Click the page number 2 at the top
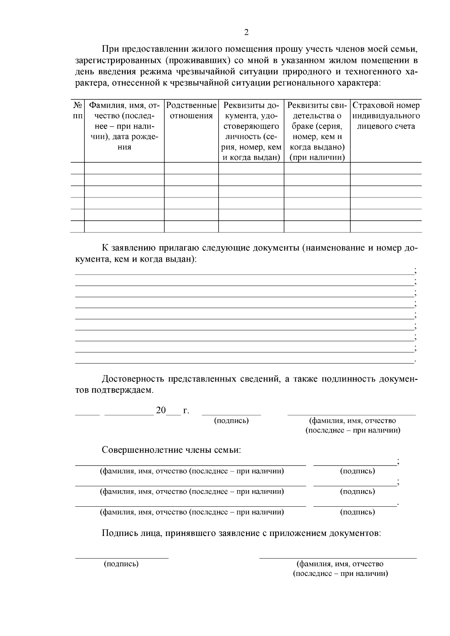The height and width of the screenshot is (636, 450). click(246, 32)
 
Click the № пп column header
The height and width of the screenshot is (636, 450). click(77, 111)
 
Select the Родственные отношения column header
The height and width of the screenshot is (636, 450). click(191, 111)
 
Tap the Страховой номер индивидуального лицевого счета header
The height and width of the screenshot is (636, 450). click(386, 116)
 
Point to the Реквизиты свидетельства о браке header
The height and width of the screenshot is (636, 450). click(317, 131)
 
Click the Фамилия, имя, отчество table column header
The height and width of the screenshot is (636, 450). click(124, 126)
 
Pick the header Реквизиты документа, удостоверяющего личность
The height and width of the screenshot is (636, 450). click(251, 131)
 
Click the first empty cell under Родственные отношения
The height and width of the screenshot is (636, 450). click(191, 168)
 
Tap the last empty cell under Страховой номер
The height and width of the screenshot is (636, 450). click(386, 227)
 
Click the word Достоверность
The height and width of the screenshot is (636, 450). click(133, 379)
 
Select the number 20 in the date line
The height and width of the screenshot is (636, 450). click(160, 410)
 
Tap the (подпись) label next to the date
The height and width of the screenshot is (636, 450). click(231, 421)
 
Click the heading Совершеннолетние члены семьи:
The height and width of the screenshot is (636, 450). click(171, 450)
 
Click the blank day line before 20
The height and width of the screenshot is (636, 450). click(87, 413)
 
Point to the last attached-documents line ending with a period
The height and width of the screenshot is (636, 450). click(244, 362)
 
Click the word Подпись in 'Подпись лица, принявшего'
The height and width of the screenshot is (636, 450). click(116, 533)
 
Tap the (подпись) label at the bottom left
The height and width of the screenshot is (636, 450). click(121, 564)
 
